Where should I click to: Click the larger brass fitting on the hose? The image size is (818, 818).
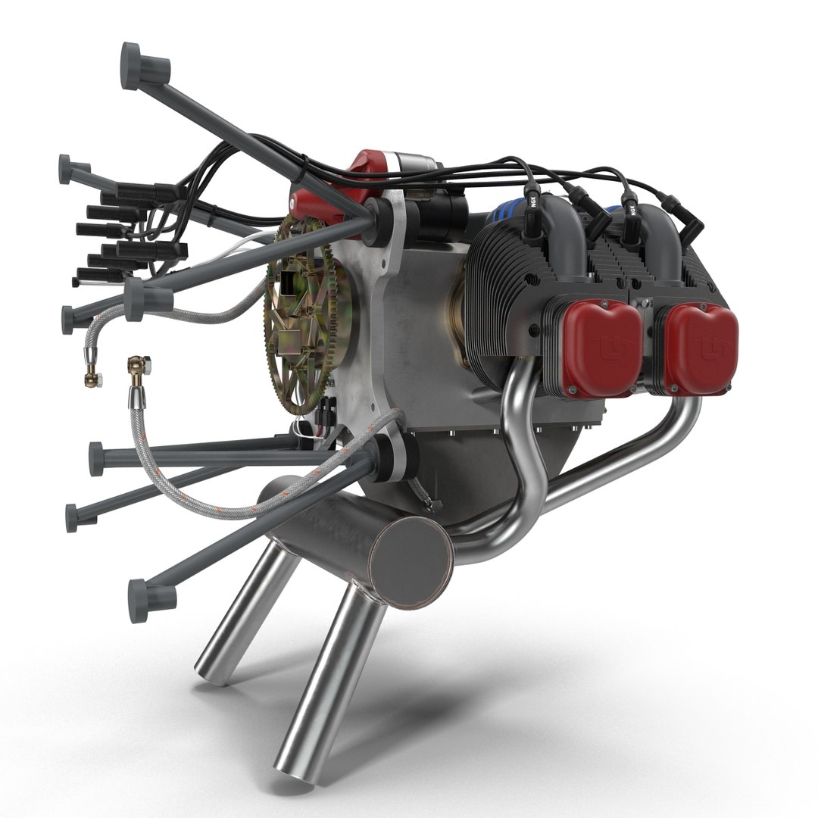139,370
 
